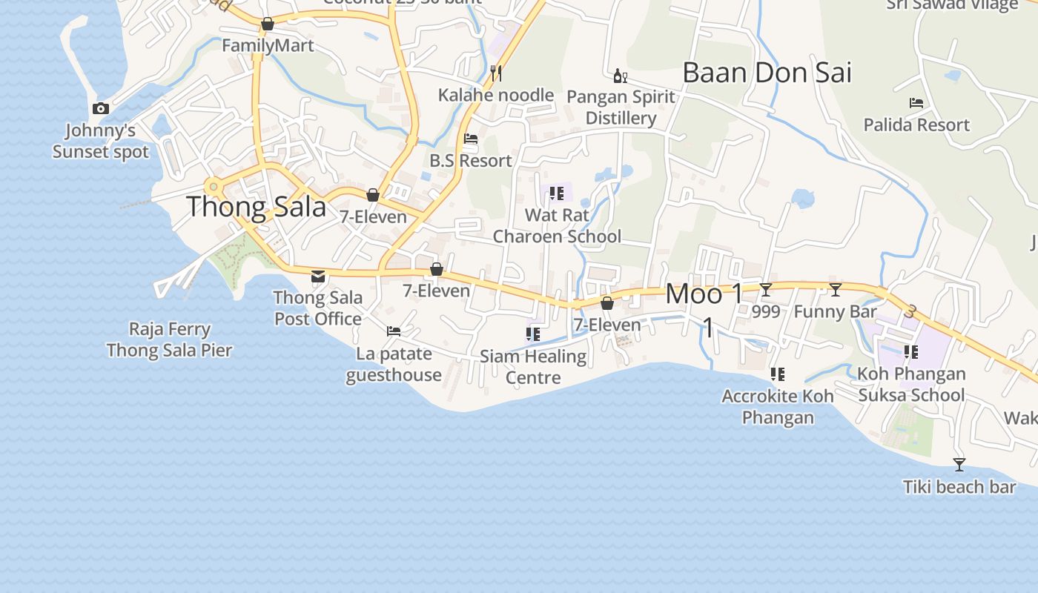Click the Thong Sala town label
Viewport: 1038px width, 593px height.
(256, 206)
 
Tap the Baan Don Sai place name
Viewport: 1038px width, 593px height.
(767, 73)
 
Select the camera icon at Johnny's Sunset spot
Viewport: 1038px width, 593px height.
(101, 109)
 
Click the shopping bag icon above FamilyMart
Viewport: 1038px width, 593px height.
(268, 24)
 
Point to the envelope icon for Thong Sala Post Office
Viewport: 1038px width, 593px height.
(318, 276)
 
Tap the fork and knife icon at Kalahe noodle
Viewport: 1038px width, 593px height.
(496, 73)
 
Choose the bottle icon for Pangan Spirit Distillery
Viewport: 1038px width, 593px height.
(620, 76)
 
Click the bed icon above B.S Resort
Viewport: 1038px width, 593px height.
(470, 139)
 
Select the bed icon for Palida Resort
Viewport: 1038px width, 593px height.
(916, 103)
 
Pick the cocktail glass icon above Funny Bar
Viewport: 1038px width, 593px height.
(836, 290)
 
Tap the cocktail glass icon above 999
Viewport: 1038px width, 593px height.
(766, 290)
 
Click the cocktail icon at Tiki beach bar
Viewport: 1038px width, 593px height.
(959, 465)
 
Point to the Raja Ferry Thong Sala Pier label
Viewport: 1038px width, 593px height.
(169, 339)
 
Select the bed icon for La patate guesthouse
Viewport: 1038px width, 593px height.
(394, 331)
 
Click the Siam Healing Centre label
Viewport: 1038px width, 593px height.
(533, 367)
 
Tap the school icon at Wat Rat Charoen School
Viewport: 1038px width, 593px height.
(557, 193)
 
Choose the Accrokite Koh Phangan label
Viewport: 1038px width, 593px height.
(778, 406)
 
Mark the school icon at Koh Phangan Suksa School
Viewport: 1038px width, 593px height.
(911, 352)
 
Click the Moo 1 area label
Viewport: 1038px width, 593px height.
(704, 294)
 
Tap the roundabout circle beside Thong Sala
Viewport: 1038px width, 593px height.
(214, 186)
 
